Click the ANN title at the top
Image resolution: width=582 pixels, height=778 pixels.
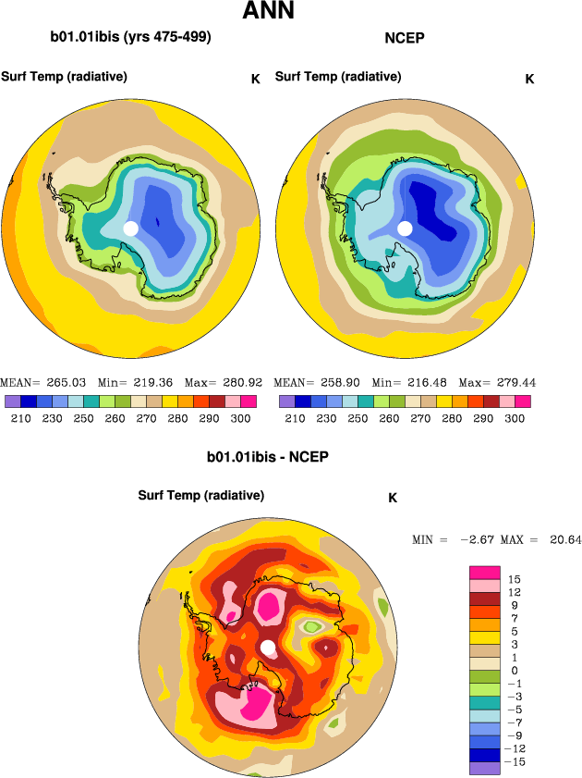268,12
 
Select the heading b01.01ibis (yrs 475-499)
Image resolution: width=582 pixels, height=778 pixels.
131,38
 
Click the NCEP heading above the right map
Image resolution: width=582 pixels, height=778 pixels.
404,38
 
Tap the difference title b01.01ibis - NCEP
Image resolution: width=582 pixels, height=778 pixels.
268,457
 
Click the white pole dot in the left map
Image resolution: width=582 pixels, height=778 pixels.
130,228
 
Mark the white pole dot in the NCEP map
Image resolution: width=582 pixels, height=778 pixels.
404,228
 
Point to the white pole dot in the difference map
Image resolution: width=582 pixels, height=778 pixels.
267,648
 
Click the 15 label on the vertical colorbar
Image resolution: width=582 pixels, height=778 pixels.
515,579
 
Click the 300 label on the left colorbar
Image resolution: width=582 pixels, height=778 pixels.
241,418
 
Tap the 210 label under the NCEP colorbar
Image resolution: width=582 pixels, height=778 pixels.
294,418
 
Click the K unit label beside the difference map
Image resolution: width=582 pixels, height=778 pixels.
393,498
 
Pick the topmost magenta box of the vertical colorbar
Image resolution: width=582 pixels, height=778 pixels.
485,571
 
